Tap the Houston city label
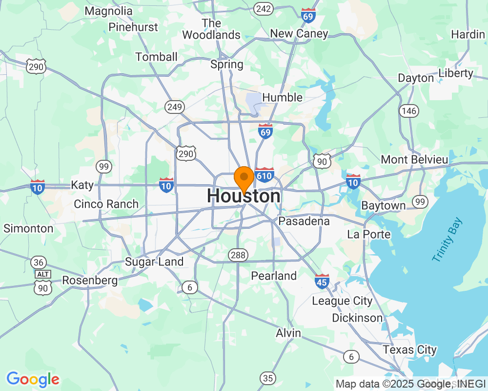click(244, 196)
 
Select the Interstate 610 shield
click(264, 175)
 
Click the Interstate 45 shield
click(322, 281)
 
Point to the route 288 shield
click(238, 255)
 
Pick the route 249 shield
click(174, 106)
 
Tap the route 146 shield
click(408, 111)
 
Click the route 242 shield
click(264, 8)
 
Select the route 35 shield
click(267, 378)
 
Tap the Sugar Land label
click(154, 261)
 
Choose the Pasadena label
click(304, 221)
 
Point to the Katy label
click(82, 185)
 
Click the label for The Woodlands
click(211, 29)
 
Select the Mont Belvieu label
click(414, 159)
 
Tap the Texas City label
click(409, 350)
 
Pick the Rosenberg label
click(90, 281)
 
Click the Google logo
click(33, 379)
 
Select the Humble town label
click(282, 97)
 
